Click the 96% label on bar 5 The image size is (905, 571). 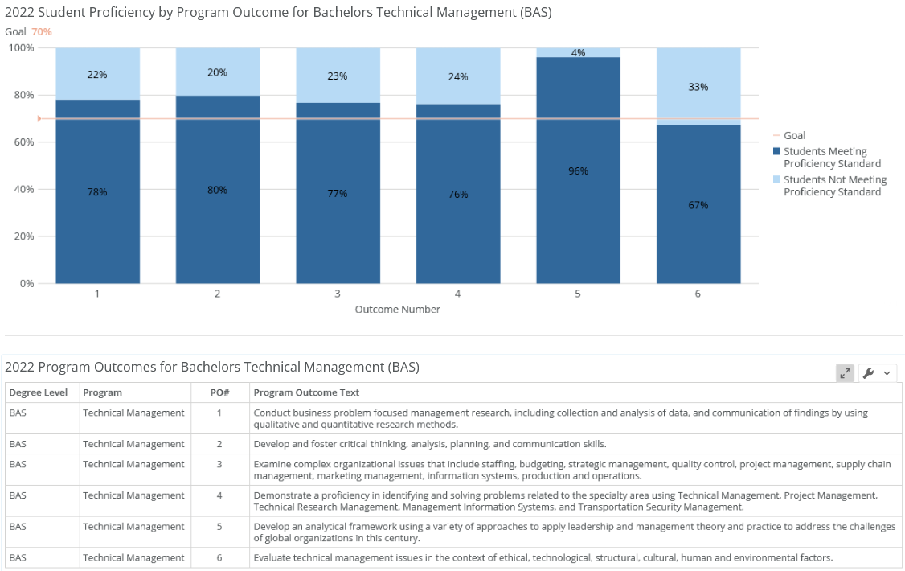click(x=578, y=171)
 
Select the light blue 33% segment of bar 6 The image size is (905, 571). click(x=698, y=87)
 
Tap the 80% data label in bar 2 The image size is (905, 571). click(x=217, y=190)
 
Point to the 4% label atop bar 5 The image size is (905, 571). click(x=578, y=53)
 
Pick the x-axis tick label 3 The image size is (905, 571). click(x=338, y=294)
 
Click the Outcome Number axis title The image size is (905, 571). click(x=397, y=310)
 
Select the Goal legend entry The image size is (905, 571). click(x=794, y=136)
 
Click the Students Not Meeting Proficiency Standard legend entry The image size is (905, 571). click(x=834, y=186)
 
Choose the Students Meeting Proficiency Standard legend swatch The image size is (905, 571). click(x=776, y=152)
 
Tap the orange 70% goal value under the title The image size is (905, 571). click(x=42, y=31)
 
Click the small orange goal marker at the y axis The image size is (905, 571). click(x=39, y=119)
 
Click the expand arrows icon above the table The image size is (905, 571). click(x=845, y=373)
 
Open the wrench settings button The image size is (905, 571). click(x=877, y=373)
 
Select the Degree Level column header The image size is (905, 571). click(x=39, y=392)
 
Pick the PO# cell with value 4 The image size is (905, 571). click(x=219, y=495)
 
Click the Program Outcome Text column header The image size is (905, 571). click(x=306, y=392)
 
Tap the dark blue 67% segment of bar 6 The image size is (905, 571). click(x=698, y=205)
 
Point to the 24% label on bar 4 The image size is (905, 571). click(x=457, y=77)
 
